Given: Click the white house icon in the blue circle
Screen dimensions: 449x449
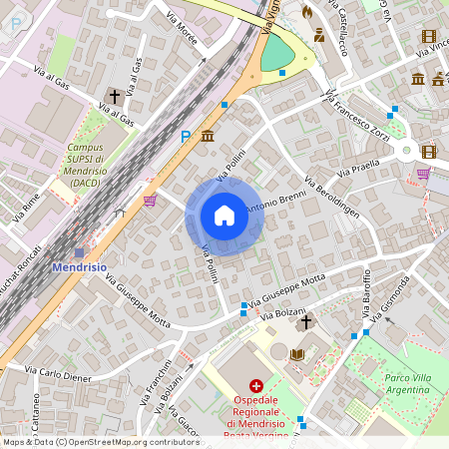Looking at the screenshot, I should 224,216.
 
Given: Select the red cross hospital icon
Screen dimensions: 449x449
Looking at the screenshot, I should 256,385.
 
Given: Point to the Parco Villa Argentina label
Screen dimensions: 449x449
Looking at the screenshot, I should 413,384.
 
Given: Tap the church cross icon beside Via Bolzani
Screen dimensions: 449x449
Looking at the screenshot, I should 306,321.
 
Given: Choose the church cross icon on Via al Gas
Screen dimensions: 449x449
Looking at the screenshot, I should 115,97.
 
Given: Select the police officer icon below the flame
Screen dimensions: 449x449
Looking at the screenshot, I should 319,35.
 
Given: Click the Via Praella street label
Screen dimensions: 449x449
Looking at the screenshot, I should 360,169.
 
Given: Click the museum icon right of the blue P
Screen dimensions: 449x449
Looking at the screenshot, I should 208,136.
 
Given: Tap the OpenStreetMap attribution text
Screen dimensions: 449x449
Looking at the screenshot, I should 100,442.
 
